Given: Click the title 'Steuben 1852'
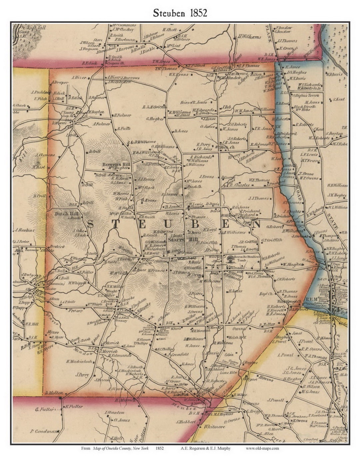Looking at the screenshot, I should pyautogui.click(x=180, y=13).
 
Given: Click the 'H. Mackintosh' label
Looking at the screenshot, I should pyautogui.click(x=79, y=361).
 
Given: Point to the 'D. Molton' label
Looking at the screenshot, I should pyautogui.click(x=54, y=393).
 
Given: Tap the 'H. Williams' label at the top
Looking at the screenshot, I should pyautogui.click(x=249, y=37).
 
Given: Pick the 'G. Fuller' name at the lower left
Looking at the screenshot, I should pyautogui.click(x=44, y=409).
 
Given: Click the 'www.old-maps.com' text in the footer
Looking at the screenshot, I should pyautogui.click(x=262, y=448).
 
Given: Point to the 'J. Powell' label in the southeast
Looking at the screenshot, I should pyautogui.click(x=275, y=400).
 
